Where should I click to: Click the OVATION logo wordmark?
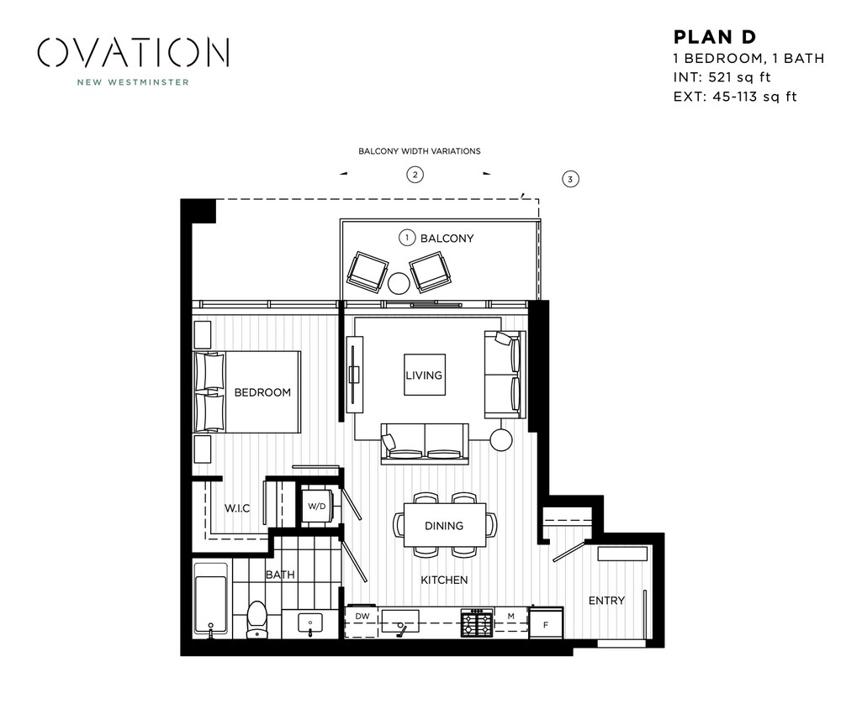pyautogui.click(x=133, y=52)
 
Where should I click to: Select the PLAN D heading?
pyautogui.click(x=715, y=37)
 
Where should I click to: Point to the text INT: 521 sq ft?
pyautogui.click(x=722, y=77)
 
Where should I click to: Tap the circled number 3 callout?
pyautogui.click(x=570, y=179)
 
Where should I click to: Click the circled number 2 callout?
pyautogui.click(x=415, y=175)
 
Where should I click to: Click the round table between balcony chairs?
pyautogui.click(x=399, y=282)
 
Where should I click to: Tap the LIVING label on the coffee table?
pyautogui.click(x=424, y=375)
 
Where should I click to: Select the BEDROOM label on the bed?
pyautogui.click(x=262, y=392)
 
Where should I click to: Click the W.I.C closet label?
pyautogui.click(x=237, y=508)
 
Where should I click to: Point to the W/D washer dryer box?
pyautogui.click(x=316, y=507)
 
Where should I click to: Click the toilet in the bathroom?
pyautogui.click(x=256, y=618)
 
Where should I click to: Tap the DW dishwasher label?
pyautogui.click(x=362, y=617)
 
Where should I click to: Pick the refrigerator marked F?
pyautogui.click(x=545, y=623)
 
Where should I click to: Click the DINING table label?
pyautogui.click(x=444, y=526)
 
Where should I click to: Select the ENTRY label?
pyautogui.click(x=606, y=600)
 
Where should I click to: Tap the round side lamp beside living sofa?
pyautogui.click(x=501, y=439)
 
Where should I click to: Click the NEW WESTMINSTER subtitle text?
pyautogui.click(x=133, y=82)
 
